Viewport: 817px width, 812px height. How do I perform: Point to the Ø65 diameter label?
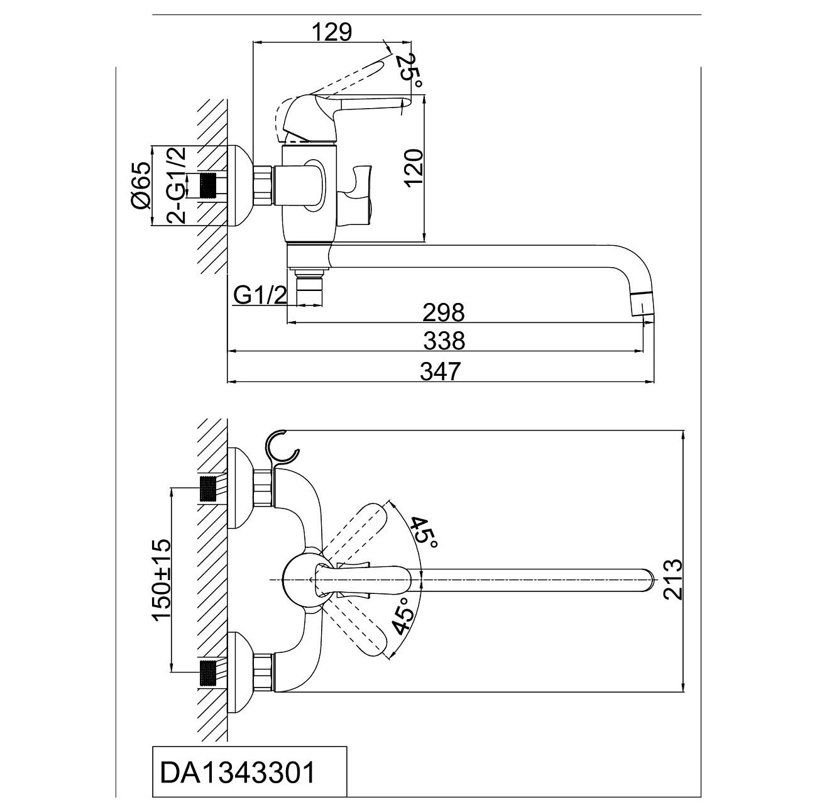pyautogui.click(x=141, y=185)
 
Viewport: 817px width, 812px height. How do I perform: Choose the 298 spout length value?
pyautogui.click(x=443, y=312)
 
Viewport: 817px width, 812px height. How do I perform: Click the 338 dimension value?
pyautogui.click(x=444, y=341)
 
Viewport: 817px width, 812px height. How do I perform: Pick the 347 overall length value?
pyautogui.click(x=440, y=371)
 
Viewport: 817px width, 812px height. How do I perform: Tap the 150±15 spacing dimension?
pyautogui.click(x=162, y=579)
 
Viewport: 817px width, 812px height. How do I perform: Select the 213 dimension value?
pyautogui.click(x=673, y=579)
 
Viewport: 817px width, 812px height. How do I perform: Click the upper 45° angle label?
pyautogui.click(x=423, y=531)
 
